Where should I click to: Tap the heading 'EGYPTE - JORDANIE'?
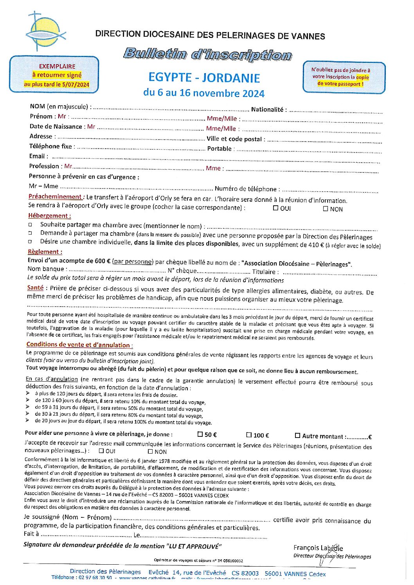pos(204,77)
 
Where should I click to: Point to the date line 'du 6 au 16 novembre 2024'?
pos(204,93)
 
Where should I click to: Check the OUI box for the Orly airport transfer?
pos(275,208)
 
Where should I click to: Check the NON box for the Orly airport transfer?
pos(326,208)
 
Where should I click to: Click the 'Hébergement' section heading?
pos(49,215)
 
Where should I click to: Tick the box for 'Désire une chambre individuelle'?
pos(30,242)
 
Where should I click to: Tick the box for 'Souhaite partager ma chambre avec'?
pos(30,225)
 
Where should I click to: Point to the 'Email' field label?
pos(37,156)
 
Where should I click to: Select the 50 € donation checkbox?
pos(200,434)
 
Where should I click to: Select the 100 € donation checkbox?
pos(249,435)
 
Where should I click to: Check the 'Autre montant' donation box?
pos(297,436)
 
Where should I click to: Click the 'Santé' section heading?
pos(35,288)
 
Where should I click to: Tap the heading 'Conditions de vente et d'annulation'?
pos(79,345)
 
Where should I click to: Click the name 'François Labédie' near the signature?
pos(318,548)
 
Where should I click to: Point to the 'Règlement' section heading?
pos(45,252)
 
